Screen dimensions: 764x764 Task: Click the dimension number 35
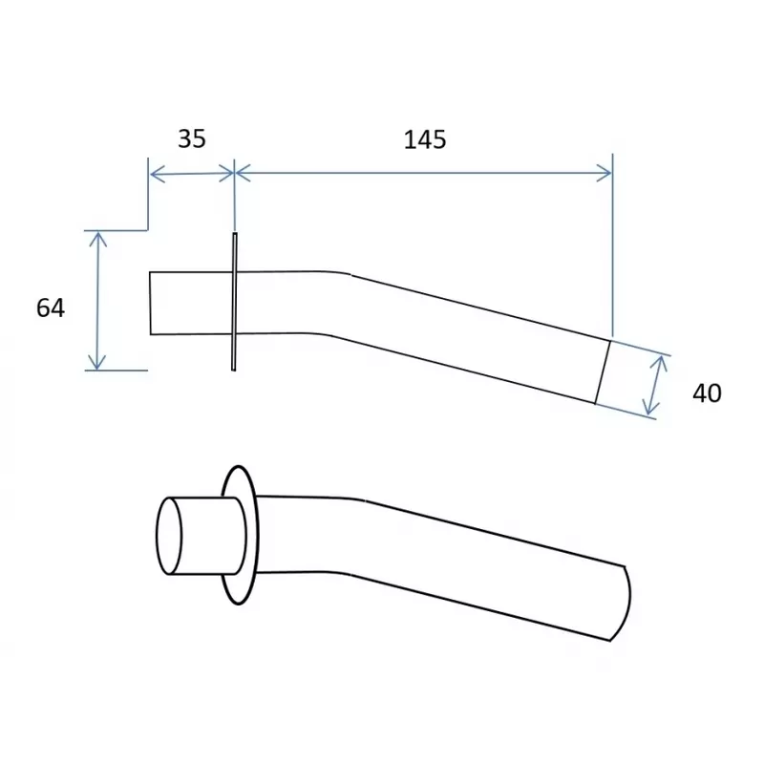(x=192, y=138)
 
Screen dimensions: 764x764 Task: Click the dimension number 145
(x=425, y=139)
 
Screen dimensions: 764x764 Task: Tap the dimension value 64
(x=51, y=308)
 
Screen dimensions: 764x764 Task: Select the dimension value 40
(x=707, y=393)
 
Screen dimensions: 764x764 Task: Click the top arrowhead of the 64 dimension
(x=95, y=237)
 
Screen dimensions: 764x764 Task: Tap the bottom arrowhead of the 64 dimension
(x=95, y=362)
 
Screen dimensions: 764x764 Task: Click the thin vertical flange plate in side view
(x=234, y=301)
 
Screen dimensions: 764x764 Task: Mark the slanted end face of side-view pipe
(x=603, y=371)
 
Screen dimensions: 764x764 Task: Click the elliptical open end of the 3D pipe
(x=170, y=535)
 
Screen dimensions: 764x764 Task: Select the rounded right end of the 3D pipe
(x=626, y=600)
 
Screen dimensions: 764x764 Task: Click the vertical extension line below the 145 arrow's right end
(x=611, y=258)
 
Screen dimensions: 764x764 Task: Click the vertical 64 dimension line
(x=95, y=300)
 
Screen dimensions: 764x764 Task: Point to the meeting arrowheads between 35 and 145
(x=234, y=173)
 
